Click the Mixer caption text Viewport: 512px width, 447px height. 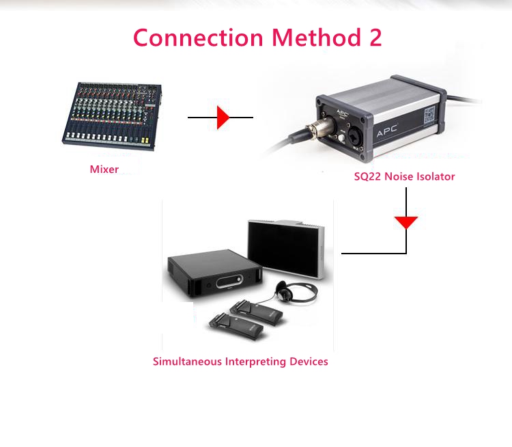tap(104, 169)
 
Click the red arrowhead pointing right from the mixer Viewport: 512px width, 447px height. tap(223, 118)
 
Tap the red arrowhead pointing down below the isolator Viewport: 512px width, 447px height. tap(406, 223)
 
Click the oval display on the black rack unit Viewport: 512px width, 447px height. tap(229, 282)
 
